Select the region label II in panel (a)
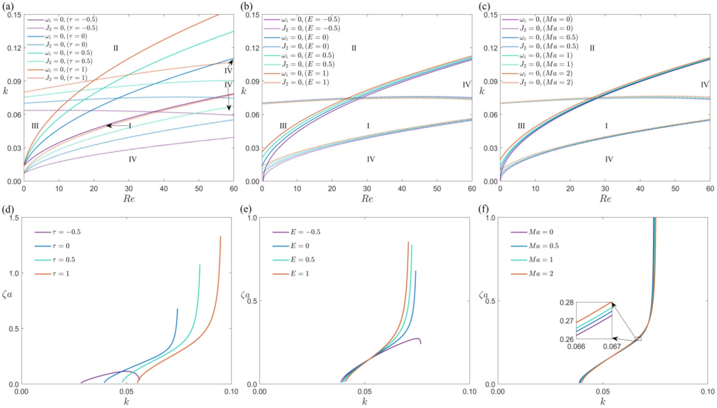(x=115, y=48)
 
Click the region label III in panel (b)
(x=283, y=126)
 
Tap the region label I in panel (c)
(x=606, y=126)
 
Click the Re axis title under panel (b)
(x=367, y=199)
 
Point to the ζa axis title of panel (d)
(x=7, y=296)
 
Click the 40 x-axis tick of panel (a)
(x=164, y=189)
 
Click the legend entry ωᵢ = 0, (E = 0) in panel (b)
(x=301, y=37)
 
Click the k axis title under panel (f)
(x=602, y=401)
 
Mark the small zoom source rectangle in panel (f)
(x=638, y=339)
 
